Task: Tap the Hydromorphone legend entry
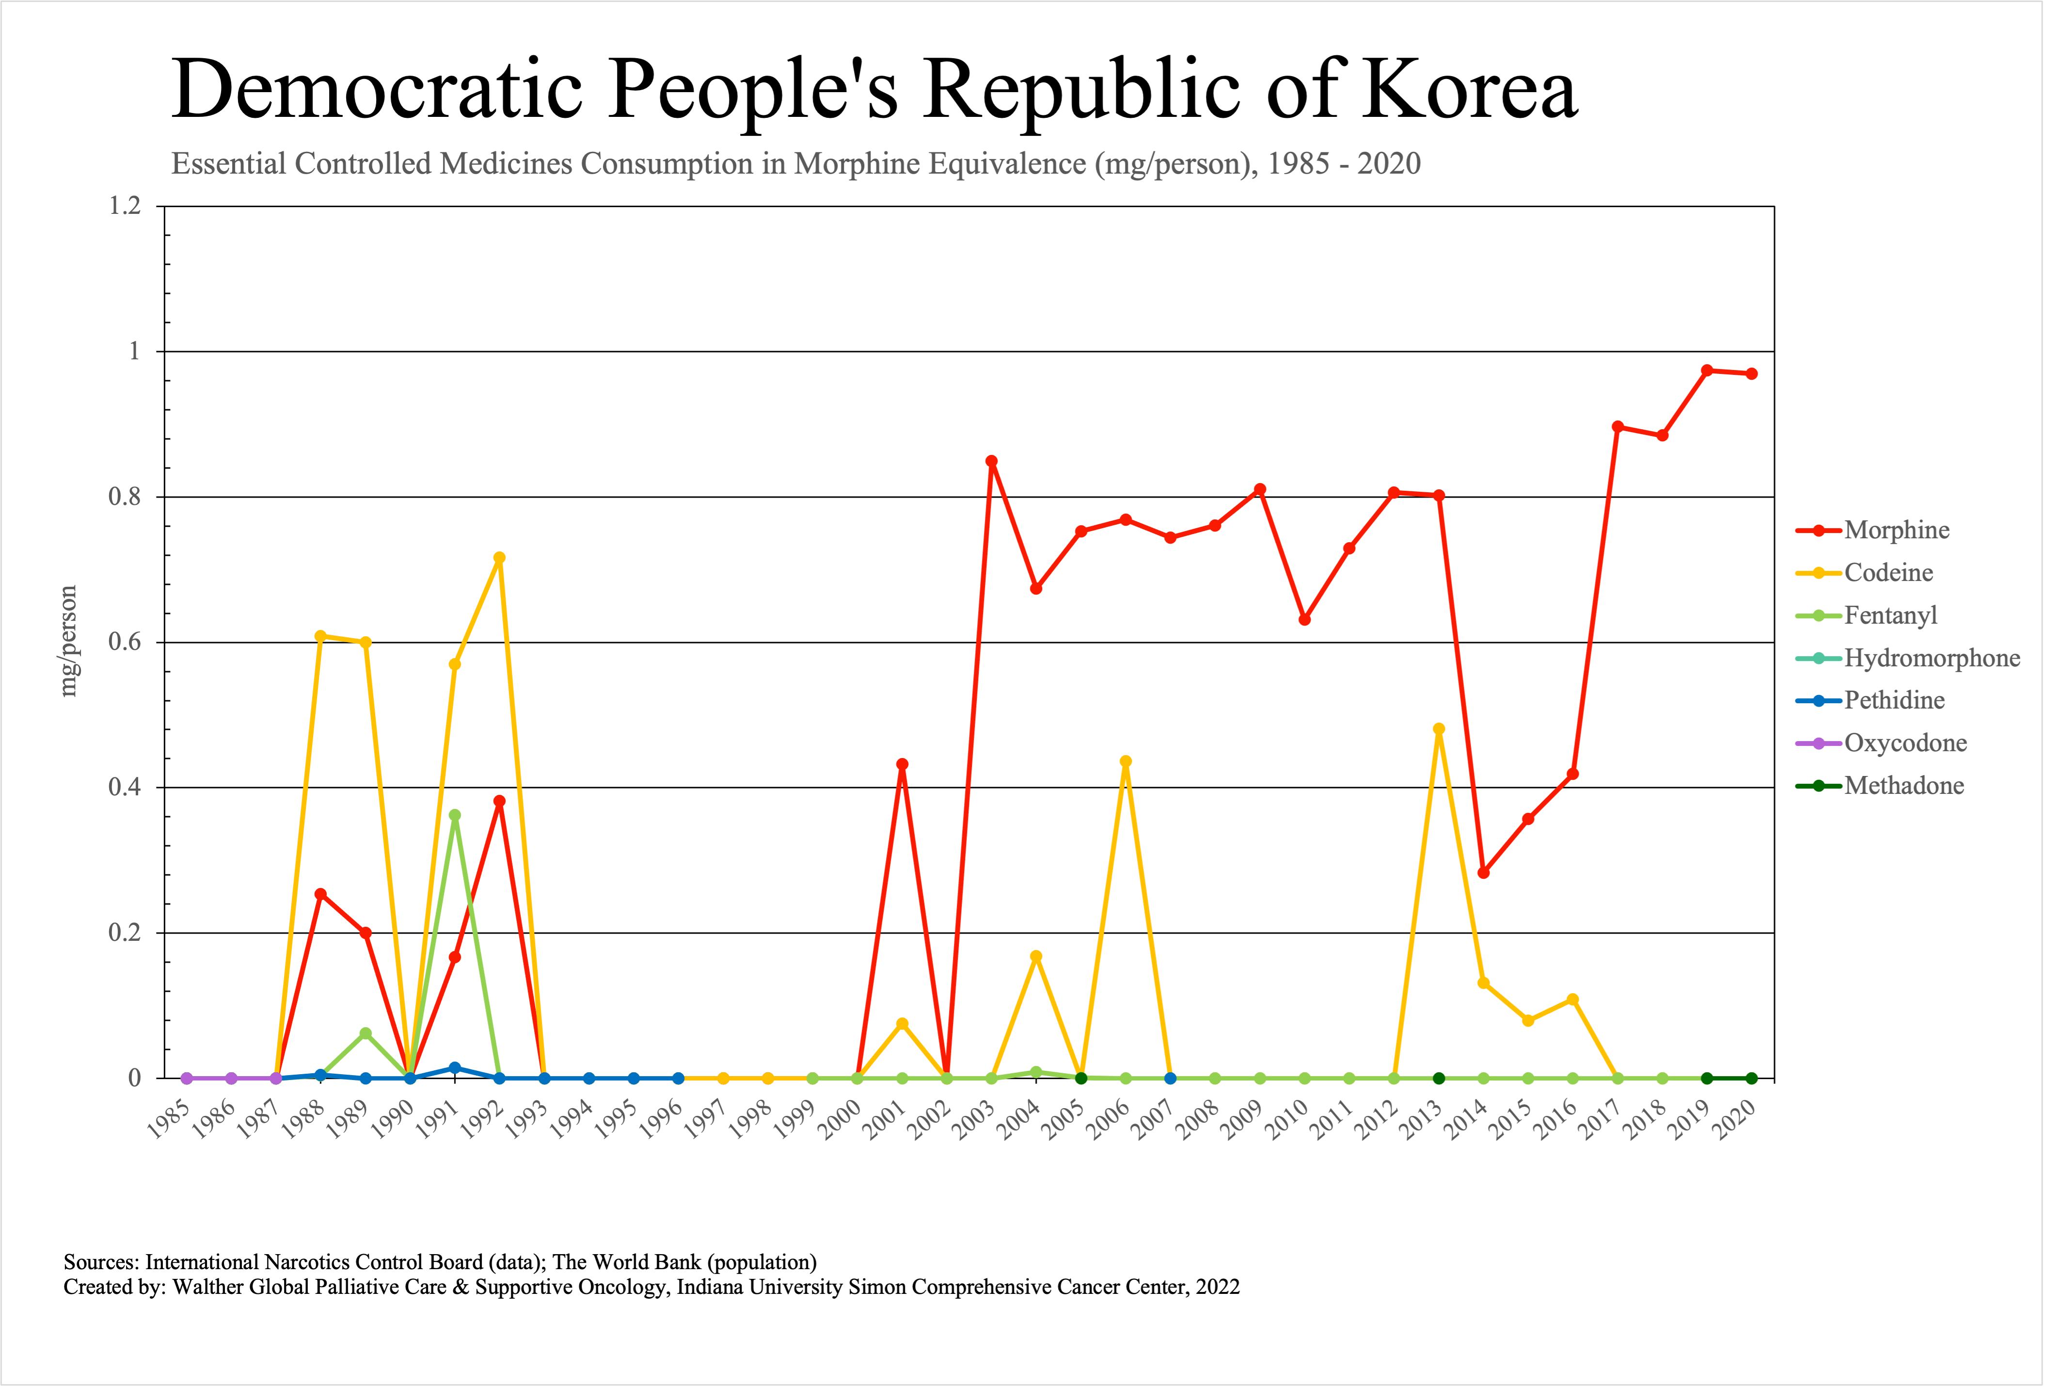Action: pos(1932,658)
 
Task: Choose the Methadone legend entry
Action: pos(1903,786)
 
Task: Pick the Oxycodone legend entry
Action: pos(1905,743)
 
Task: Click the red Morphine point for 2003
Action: pos(991,462)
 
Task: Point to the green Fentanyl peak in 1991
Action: pos(454,815)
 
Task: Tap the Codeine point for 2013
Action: pos(1439,729)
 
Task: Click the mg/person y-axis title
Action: pos(69,641)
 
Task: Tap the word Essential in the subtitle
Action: pos(229,164)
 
